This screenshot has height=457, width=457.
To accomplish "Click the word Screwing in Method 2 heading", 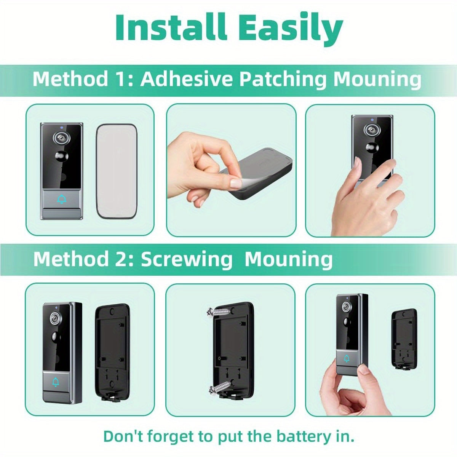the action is click(x=187, y=260).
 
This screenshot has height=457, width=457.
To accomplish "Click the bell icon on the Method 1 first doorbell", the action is click(x=62, y=200).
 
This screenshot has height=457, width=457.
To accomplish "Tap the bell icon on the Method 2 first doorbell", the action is click(x=56, y=382).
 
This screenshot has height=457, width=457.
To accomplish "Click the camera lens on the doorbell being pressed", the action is click(x=372, y=129).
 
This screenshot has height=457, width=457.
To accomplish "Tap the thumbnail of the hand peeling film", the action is click(x=231, y=170).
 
